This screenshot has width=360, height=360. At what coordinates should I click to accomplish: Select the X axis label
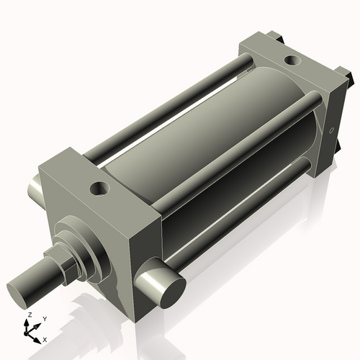(x=45, y=338)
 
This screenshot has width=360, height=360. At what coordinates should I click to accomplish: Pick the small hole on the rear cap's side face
(x=331, y=131)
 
